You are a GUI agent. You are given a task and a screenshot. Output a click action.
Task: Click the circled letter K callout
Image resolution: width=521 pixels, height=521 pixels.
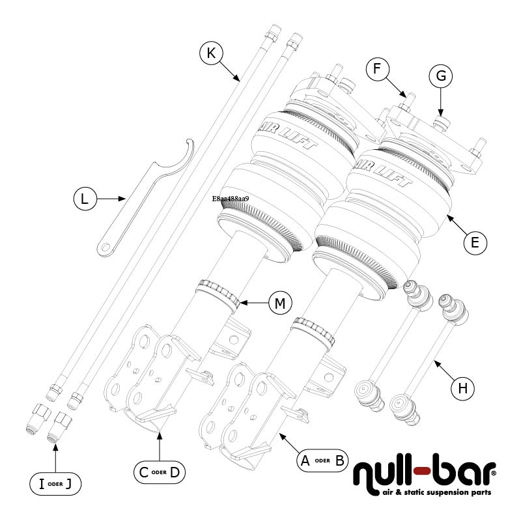(211, 53)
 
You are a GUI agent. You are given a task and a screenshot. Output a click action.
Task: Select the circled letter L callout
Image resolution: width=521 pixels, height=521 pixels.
(84, 199)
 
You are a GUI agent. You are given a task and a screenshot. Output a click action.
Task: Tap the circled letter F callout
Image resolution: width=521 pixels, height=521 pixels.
(378, 68)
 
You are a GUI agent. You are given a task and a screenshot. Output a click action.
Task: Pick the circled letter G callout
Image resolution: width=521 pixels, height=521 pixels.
(441, 76)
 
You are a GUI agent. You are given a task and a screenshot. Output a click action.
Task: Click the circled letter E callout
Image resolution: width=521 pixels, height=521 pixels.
(475, 242)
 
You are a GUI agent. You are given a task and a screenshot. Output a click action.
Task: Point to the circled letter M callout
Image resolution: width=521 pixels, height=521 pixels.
(280, 303)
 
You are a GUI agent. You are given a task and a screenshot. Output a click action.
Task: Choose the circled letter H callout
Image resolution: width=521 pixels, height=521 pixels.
(463, 388)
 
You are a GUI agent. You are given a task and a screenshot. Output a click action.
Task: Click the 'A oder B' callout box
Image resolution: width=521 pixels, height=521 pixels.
(321, 461)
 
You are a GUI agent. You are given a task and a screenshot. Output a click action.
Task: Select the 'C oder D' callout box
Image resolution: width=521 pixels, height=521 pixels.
(158, 472)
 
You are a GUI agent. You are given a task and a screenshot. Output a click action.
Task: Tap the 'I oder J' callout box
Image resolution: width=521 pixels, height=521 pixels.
(55, 483)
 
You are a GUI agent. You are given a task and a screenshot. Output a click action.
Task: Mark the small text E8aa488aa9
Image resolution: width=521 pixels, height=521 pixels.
(231, 199)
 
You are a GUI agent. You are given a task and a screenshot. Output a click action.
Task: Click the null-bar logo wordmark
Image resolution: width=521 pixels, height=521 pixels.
(424, 473)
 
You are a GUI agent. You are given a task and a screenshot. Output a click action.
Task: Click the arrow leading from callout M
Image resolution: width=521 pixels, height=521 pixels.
(254, 303)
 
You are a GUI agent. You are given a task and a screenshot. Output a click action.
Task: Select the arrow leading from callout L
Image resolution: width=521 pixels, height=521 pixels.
(111, 198)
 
